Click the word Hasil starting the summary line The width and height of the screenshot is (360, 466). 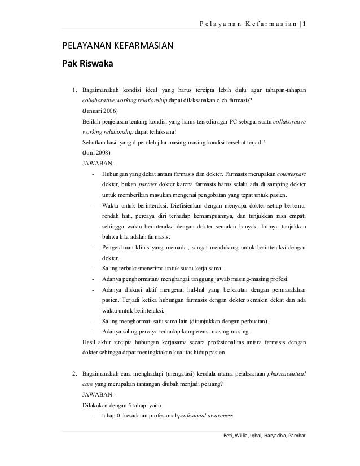(90, 342)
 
